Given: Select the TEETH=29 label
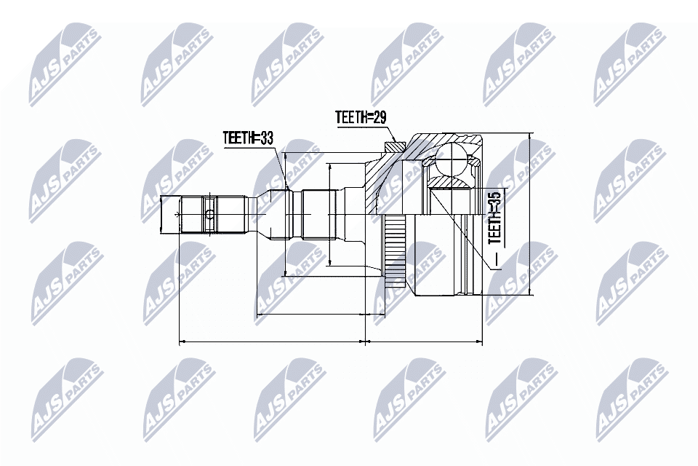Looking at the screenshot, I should pyautogui.click(x=359, y=116).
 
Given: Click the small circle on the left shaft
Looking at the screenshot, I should pyautogui.click(x=209, y=214).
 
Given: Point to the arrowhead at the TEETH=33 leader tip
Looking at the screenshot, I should pyautogui.click(x=286, y=188).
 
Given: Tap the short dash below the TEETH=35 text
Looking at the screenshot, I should pyautogui.click(x=495, y=259).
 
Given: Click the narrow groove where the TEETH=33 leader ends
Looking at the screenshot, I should pyautogui.click(x=288, y=214).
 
